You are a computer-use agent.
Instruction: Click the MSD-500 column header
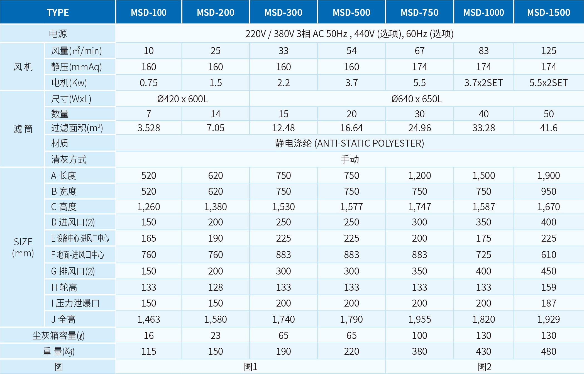(351, 13)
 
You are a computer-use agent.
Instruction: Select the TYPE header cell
(58, 13)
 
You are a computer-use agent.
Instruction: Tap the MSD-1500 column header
(549, 13)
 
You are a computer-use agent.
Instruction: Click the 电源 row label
(58, 34)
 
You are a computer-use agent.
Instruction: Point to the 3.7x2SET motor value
(483, 83)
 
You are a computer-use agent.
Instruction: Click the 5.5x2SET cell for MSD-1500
(548, 83)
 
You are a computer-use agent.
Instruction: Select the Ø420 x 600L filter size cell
(182, 99)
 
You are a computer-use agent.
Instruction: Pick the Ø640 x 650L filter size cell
(417, 99)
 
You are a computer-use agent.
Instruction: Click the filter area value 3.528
(149, 128)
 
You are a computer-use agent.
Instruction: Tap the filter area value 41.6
(549, 128)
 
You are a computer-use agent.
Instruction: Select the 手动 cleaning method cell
(350, 159)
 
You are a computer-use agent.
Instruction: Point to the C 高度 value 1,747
(419, 207)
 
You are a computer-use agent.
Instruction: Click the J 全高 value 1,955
(419, 319)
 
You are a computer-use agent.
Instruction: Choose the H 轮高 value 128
(216, 287)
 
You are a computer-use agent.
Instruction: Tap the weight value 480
(549, 351)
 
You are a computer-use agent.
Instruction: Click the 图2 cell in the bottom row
(485, 367)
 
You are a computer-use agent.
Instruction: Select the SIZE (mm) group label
(23, 247)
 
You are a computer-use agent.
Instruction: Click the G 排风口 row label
(73, 271)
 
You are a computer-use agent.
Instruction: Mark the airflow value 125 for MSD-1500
(549, 51)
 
